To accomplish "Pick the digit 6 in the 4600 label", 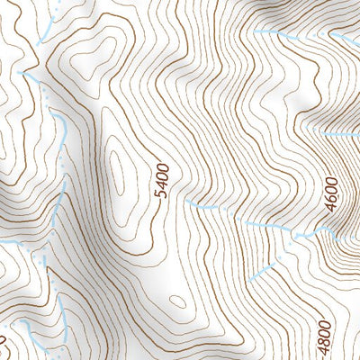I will coord(333,202).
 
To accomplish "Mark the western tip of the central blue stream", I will coord(186,202).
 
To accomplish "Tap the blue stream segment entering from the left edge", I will coord(9,243).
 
